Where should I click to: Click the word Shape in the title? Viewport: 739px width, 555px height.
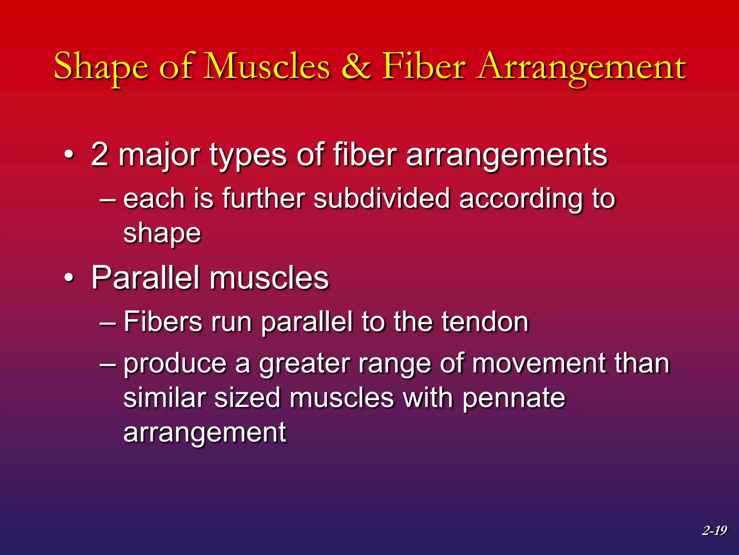[101, 67]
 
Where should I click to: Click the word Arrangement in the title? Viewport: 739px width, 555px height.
[581, 67]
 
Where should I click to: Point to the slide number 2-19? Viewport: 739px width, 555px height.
[714, 530]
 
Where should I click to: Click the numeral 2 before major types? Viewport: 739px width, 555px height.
[100, 155]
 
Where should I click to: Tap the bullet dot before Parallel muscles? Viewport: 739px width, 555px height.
[69, 278]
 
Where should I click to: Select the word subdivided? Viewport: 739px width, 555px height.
[381, 198]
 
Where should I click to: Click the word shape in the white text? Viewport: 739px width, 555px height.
[162, 234]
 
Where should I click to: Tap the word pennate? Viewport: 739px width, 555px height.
[513, 399]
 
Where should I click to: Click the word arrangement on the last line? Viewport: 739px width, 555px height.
[205, 433]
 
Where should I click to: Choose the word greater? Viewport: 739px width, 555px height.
[304, 364]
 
